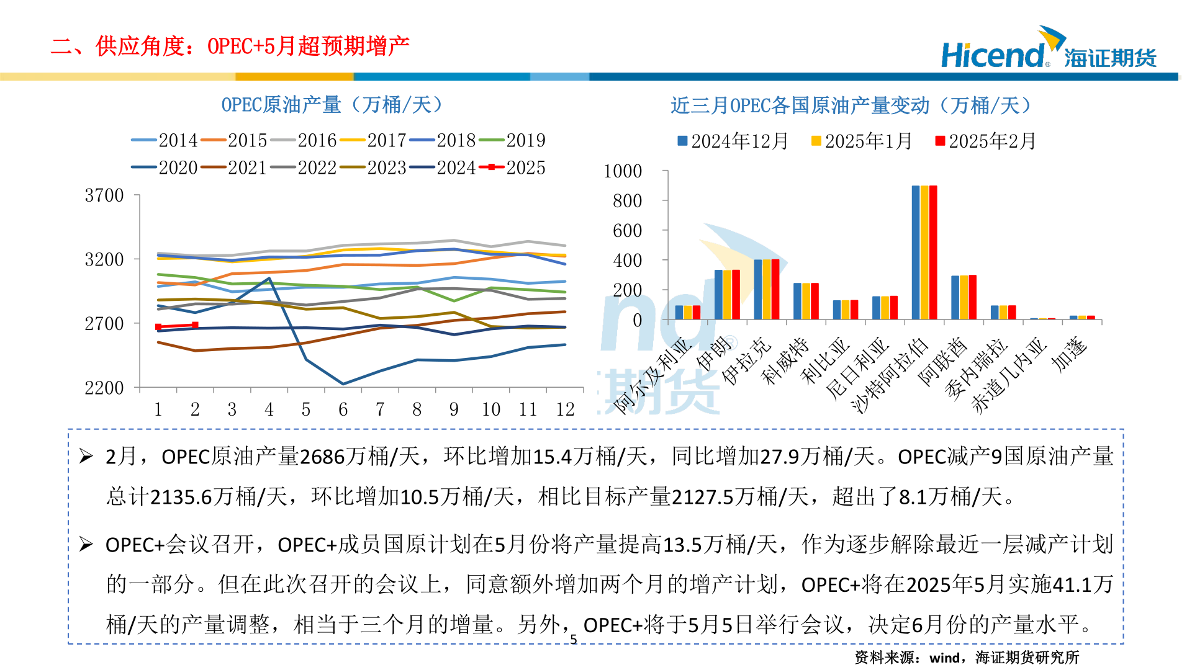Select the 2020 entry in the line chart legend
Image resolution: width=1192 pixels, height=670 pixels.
[165, 167]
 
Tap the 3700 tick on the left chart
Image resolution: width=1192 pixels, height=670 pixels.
[104, 195]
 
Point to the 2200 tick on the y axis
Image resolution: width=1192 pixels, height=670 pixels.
[104, 388]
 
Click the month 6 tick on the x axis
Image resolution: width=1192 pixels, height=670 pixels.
[343, 409]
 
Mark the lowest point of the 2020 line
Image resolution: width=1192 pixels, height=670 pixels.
[343, 384]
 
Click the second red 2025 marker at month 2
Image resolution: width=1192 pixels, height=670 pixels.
[195, 324]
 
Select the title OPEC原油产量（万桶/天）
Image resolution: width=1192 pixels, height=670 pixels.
[332, 105]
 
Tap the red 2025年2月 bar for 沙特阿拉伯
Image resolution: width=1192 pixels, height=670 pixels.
[933, 252]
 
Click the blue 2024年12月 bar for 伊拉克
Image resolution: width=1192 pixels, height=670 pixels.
[757, 289]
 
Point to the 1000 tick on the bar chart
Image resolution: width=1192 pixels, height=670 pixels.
[623, 171]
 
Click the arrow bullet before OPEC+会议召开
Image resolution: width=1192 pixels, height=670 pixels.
[86, 545]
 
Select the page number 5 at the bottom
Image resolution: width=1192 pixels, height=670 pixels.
[574, 639]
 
